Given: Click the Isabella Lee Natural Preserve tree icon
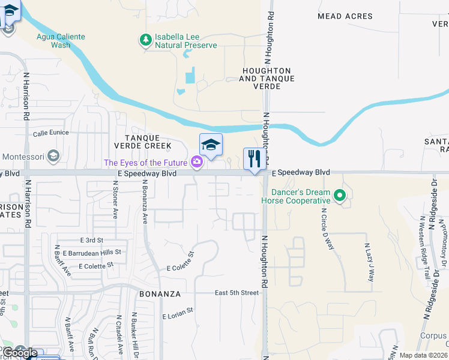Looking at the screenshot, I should tap(145, 40).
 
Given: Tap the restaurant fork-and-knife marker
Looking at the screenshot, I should tap(254, 159).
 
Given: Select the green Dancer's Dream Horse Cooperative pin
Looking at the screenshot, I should tap(339, 195).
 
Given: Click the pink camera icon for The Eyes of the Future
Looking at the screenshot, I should tap(196, 162).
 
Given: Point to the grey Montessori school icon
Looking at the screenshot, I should tap(53, 157).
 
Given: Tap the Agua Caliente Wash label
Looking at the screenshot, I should tap(60, 41).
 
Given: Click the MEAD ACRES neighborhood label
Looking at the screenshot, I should tap(345, 16).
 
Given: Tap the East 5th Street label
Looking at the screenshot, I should tap(237, 293).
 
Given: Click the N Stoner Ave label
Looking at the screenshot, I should tap(115, 200).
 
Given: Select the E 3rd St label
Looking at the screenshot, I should tap(83, 240).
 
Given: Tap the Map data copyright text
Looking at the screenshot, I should tap(423, 355).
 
